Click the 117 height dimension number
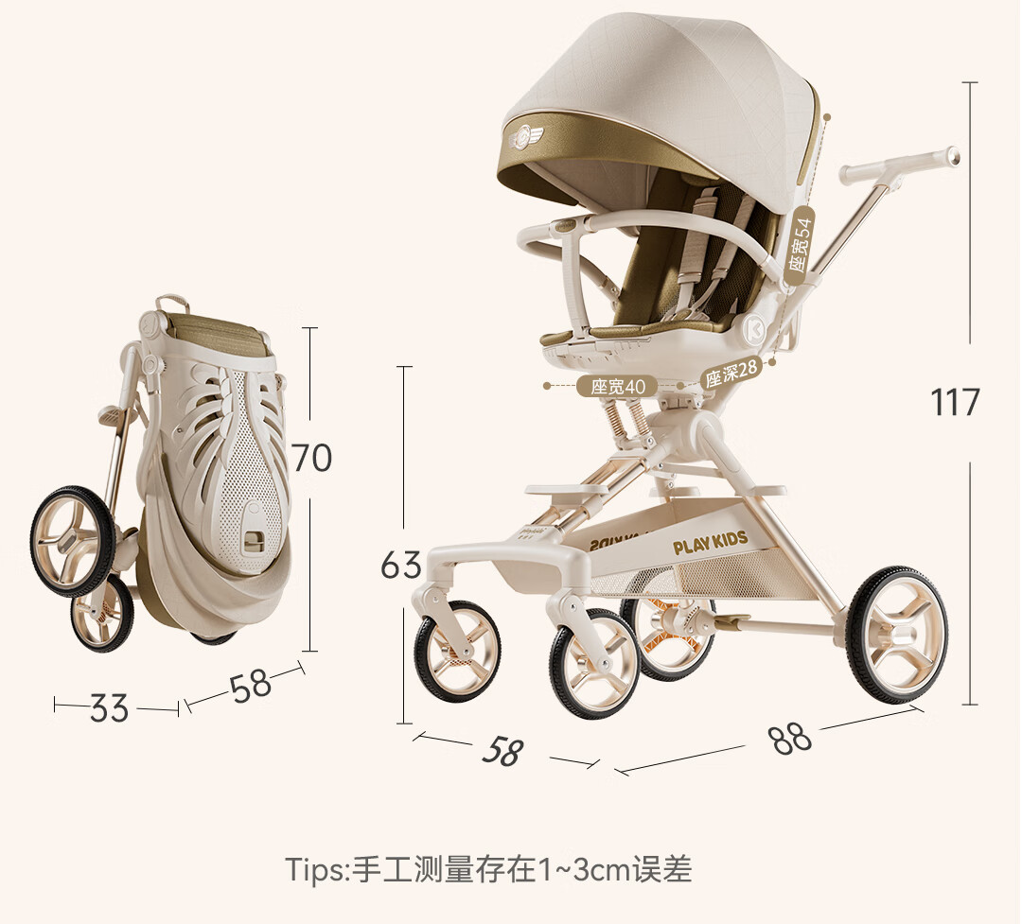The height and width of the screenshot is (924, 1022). (954, 402)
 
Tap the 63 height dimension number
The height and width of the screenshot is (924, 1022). (401, 565)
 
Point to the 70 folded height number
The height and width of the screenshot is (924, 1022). (311, 458)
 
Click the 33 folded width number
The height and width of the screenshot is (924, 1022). (109, 707)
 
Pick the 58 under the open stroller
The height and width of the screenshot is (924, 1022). (502, 751)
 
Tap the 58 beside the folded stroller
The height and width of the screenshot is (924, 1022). (250, 686)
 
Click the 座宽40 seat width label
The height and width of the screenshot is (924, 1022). (617, 387)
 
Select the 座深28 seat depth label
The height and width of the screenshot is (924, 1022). (731, 374)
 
